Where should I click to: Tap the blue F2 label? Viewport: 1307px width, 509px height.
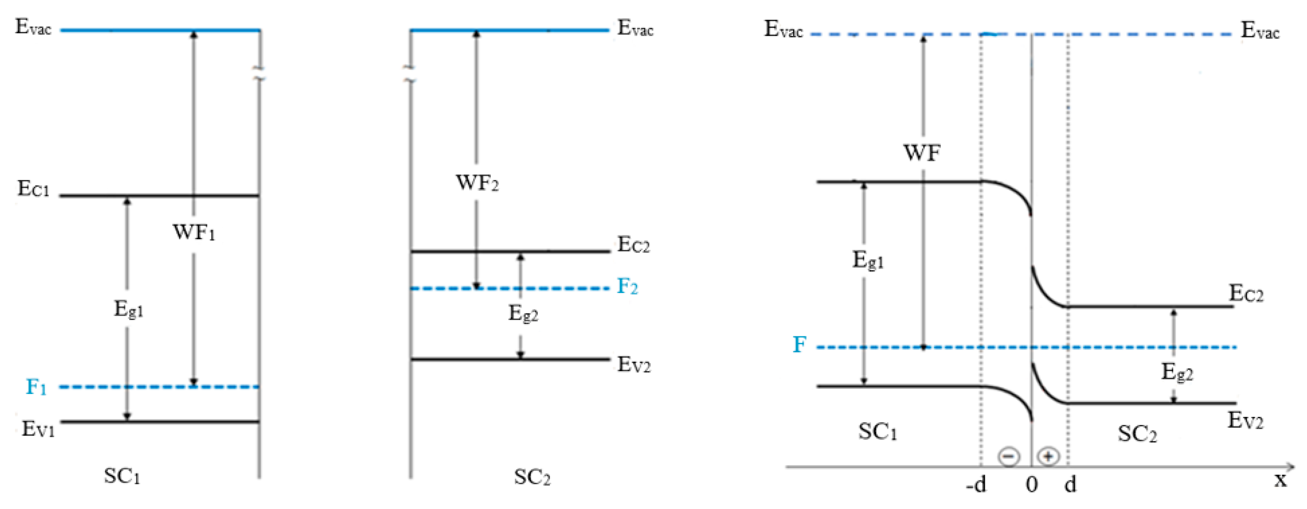(x=627, y=287)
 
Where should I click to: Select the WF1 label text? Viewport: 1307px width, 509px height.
(x=194, y=232)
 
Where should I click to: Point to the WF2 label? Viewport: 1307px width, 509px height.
(x=477, y=182)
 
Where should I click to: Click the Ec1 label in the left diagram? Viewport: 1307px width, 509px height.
(x=34, y=189)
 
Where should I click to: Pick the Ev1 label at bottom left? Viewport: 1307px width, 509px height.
(x=37, y=429)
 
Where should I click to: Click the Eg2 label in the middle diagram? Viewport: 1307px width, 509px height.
(x=523, y=314)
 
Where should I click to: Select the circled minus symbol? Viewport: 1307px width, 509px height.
(x=1009, y=456)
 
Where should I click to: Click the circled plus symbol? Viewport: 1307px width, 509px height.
(x=1048, y=456)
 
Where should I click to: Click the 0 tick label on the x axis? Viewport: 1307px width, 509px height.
(x=1031, y=485)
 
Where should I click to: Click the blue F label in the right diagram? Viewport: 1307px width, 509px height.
(x=800, y=344)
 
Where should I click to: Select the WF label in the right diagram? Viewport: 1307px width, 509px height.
(x=922, y=153)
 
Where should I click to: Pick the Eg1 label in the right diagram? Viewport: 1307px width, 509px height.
(x=868, y=260)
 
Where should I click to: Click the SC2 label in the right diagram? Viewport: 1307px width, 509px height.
(x=1137, y=434)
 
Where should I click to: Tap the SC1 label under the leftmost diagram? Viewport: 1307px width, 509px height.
(x=122, y=476)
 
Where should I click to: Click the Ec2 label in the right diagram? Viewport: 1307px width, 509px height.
(x=1246, y=294)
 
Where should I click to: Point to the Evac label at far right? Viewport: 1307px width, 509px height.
(x=1260, y=31)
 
